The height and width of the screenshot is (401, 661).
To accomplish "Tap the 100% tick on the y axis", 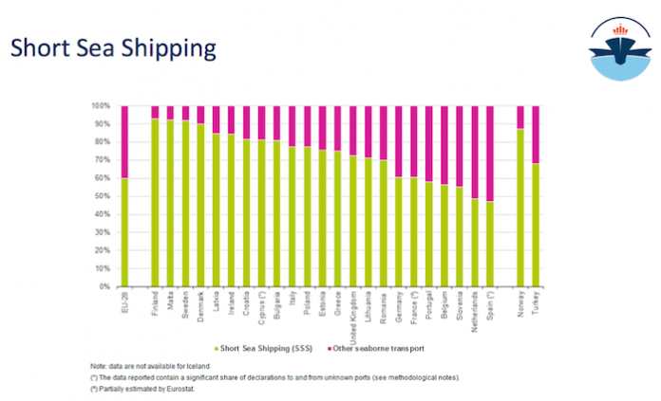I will tap(103, 106).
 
